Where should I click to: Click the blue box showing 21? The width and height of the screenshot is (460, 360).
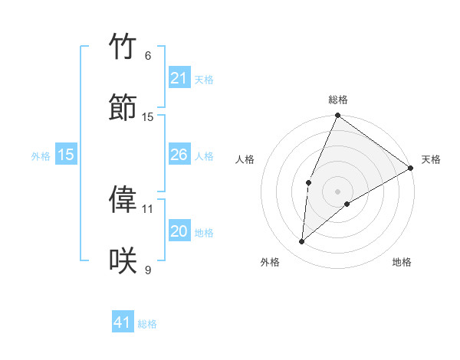179,79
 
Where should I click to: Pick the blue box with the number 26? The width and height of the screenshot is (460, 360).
179,155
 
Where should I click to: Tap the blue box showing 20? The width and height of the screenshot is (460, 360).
179,231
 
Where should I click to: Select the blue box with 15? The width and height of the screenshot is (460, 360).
66,155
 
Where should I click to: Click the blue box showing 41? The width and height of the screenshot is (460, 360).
123,322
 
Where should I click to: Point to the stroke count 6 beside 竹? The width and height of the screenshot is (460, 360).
148,56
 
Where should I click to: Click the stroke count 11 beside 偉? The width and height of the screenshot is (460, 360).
148,208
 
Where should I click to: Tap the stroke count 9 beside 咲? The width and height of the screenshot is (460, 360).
148,270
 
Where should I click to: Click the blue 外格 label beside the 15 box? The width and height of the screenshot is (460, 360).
41,155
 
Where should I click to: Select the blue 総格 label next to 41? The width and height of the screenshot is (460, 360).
147,324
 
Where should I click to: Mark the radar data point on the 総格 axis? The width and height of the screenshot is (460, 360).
337,116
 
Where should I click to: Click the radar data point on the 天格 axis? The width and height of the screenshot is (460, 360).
411,168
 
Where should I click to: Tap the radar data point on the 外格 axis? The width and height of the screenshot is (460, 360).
302,242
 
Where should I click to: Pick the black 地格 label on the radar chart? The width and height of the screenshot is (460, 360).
402,263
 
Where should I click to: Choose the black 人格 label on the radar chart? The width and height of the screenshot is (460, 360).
245,159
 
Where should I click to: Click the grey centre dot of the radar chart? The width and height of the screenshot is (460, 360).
337,191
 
